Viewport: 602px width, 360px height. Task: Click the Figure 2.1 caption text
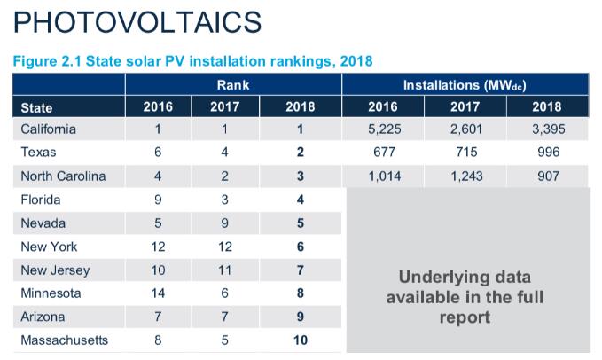pos(192,61)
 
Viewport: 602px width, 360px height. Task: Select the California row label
pos(48,129)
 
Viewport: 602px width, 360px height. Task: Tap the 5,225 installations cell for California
pos(383,129)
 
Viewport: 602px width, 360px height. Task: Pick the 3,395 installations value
pos(547,129)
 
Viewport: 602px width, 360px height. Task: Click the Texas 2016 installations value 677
pos(383,153)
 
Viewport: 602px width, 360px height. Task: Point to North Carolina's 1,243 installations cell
pos(465,176)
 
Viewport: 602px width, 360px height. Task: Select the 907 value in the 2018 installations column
pos(548,176)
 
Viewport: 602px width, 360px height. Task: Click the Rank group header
pos(232,85)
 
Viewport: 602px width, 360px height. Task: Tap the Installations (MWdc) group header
pos(465,85)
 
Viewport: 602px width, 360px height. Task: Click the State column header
pos(36,107)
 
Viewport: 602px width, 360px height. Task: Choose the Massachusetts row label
pos(64,340)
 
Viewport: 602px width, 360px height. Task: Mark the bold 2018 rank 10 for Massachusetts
pos(301,340)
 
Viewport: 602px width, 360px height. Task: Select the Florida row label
pos(41,200)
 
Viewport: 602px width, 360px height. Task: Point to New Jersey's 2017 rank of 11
pos(225,270)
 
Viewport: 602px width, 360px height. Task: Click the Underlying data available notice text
pos(465,295)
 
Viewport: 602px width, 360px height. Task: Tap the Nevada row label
pos(43,223)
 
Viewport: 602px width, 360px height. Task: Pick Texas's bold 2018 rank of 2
pos(301,153)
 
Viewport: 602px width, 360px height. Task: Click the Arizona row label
pos(42,317)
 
